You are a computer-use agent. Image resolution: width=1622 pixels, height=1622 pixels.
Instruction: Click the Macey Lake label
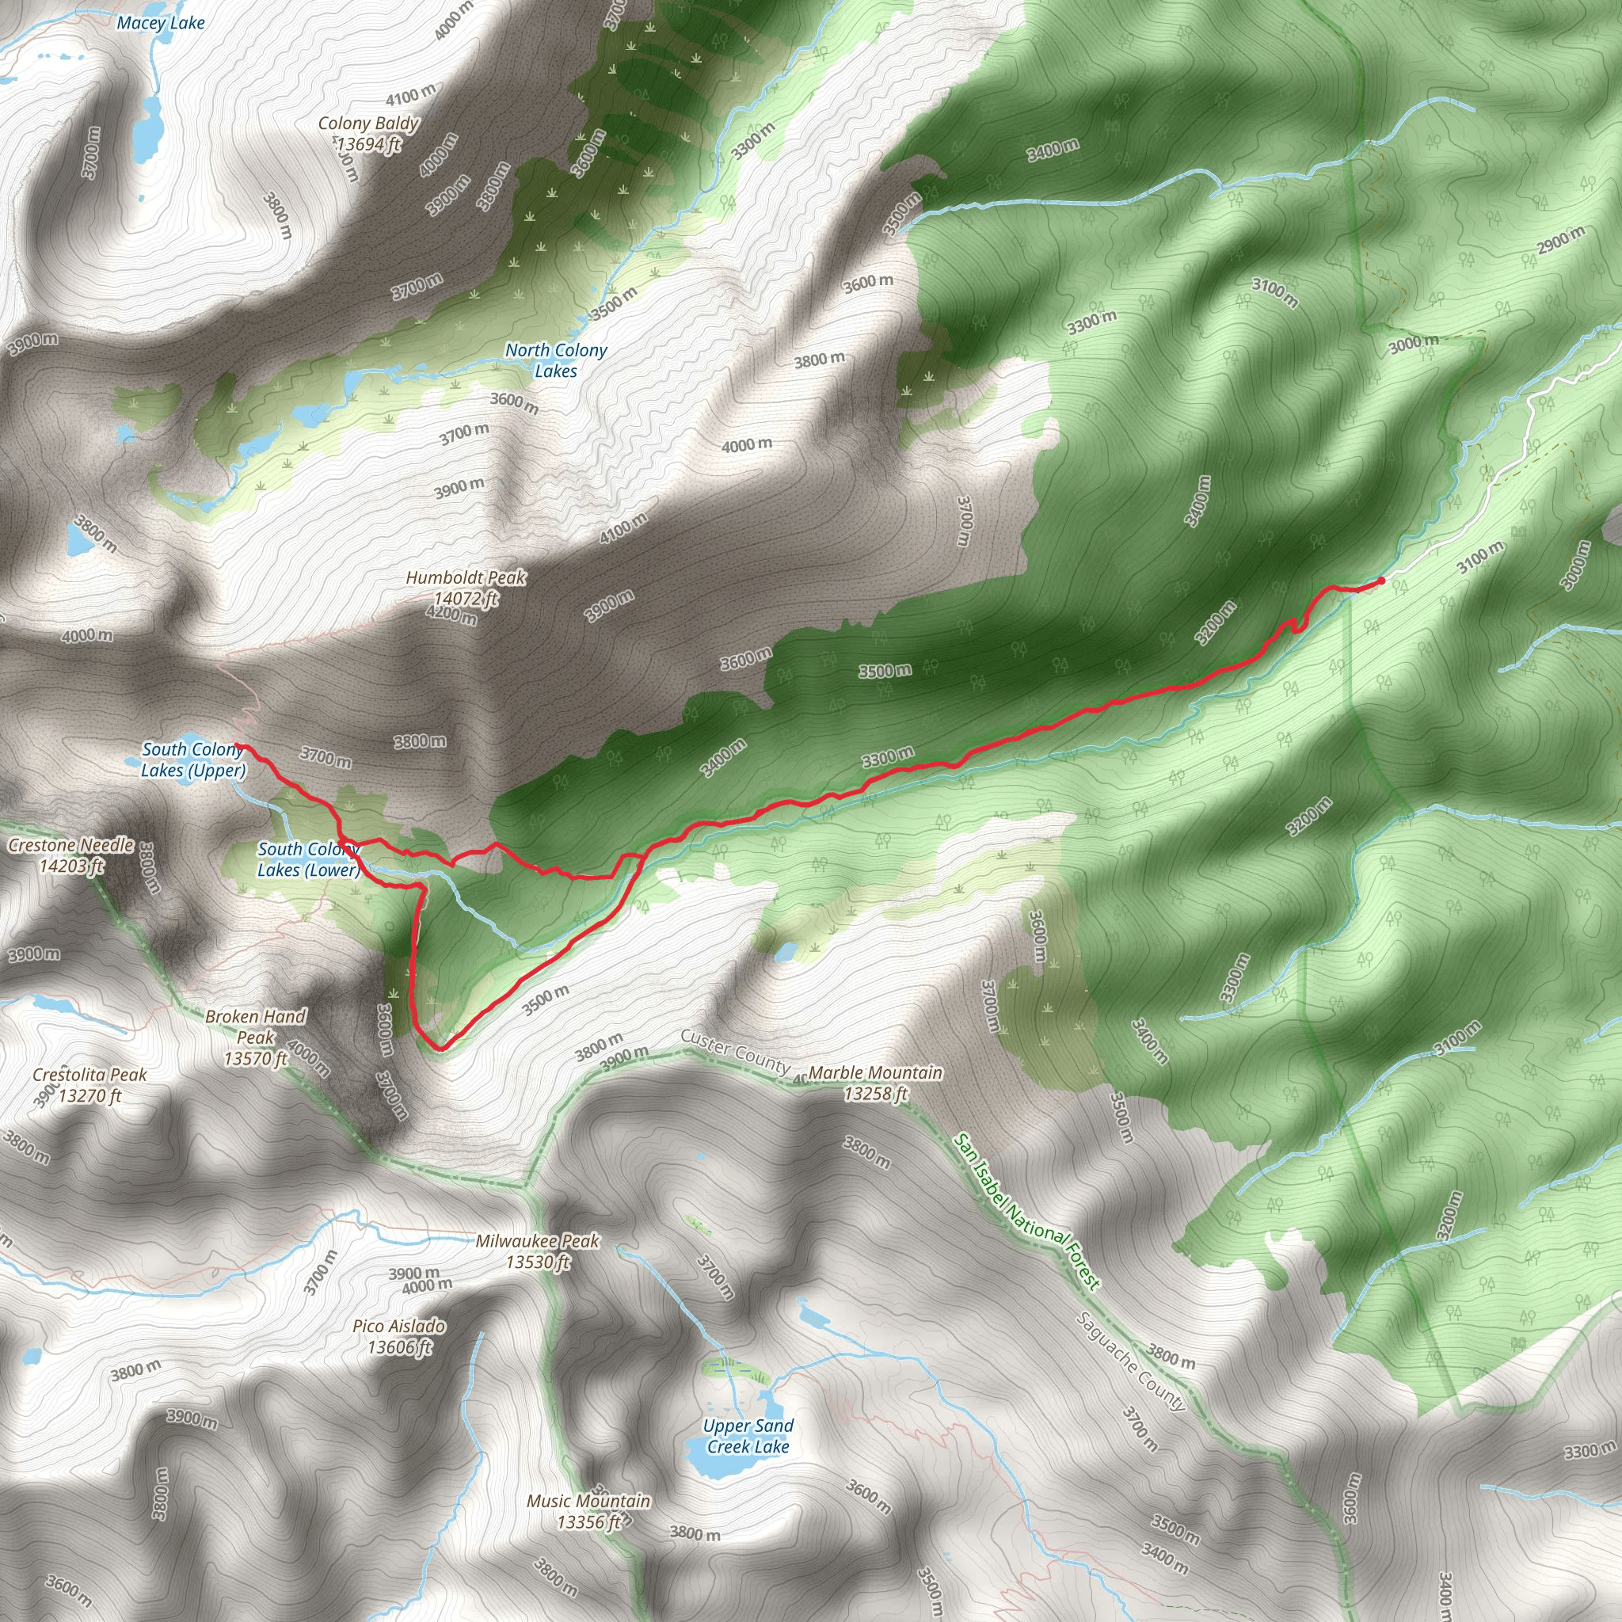point(160,24)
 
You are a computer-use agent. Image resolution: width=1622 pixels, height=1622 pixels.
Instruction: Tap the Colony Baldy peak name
point(367,124)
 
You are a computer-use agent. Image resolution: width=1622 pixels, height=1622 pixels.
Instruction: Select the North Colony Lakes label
point(556,360)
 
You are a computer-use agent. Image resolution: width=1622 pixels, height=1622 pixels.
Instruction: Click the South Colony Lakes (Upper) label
point(193,760)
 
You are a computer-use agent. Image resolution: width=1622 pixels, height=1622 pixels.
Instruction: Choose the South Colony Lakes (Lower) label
point(308,859)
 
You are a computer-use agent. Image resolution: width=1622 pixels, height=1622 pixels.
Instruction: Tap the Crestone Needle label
point(71,855)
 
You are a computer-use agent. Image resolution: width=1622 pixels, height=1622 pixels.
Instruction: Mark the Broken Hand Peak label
point(255,1037)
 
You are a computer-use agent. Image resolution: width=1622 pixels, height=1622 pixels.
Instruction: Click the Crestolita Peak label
point(89,1085)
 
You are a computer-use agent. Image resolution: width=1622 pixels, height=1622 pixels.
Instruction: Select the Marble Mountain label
point(876,1083)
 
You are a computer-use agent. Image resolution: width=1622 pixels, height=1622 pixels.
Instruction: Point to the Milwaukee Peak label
point(537,1251)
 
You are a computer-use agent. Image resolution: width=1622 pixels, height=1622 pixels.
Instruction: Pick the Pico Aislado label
point(399,1337)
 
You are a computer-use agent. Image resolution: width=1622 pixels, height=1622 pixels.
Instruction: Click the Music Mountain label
point(588,1511)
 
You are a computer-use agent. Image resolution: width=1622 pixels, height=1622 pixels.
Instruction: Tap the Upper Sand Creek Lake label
point(747,1436)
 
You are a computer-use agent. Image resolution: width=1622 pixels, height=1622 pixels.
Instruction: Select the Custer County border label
point(735,1050)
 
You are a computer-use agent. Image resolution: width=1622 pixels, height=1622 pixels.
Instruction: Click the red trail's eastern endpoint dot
point(1381,581)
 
